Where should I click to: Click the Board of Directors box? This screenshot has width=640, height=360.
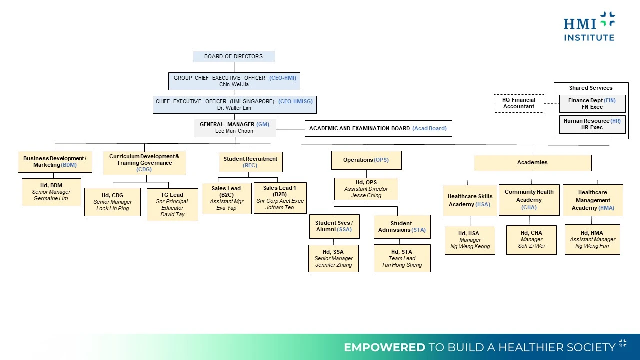coord(234,56)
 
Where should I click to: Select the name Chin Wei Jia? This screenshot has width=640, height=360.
coord(234,84)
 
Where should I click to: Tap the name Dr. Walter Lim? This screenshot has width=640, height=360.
coord(234,108)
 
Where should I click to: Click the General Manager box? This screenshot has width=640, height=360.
coord(235,128)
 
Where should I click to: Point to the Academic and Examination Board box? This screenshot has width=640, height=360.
coord(378,128)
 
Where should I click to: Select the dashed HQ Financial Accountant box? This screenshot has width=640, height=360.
coord(519,103)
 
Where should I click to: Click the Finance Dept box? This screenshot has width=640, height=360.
coord(592,103)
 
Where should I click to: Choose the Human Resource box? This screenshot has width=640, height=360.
coord(592,124)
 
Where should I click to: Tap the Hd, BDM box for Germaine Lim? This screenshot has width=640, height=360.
coord(51,192)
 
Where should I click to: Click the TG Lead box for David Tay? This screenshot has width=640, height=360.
coord(172,204)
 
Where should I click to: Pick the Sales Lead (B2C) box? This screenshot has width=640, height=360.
coord(227,198)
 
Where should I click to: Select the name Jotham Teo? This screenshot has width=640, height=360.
coord(279,207)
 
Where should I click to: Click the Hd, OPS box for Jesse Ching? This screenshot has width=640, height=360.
coord(366,189)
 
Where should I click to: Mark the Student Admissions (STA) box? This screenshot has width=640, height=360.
coord(402,227)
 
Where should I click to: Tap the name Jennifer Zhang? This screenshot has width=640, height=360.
coord(333,265)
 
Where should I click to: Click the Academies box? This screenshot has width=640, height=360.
coord(533,163)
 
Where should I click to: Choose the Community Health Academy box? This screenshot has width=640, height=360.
coord(529,200)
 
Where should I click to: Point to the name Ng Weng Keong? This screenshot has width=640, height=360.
coord(470,246)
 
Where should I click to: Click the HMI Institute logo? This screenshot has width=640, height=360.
coord(589,26)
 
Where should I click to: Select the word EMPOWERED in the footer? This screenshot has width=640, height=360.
coord(384,347)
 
